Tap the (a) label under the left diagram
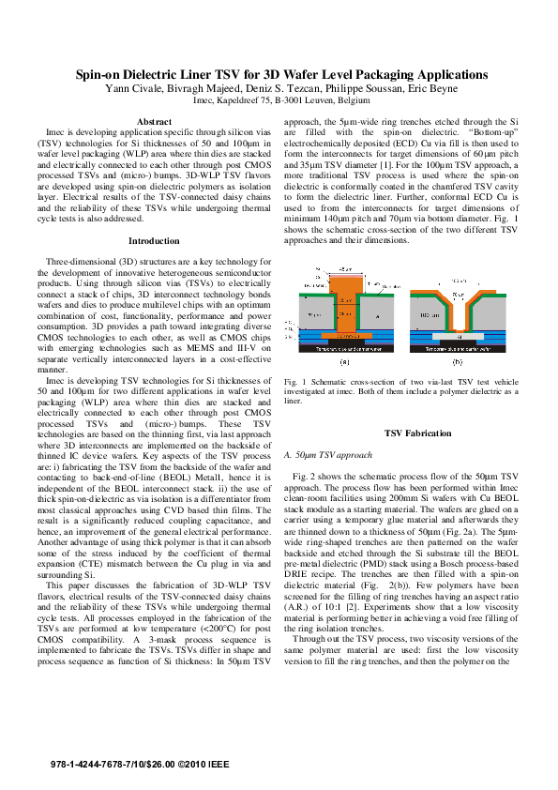344,359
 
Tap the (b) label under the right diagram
457,359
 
